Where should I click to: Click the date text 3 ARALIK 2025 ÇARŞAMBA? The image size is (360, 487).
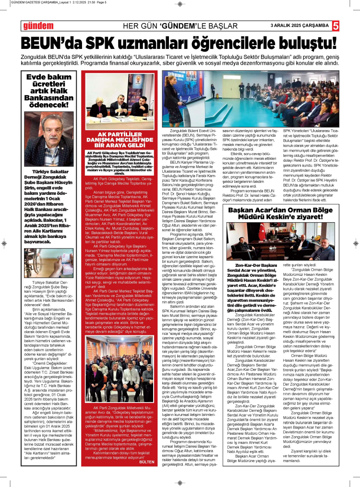click(x=299, y=25)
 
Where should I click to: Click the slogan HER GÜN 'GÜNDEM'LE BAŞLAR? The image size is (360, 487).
click(x=180, y=25)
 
